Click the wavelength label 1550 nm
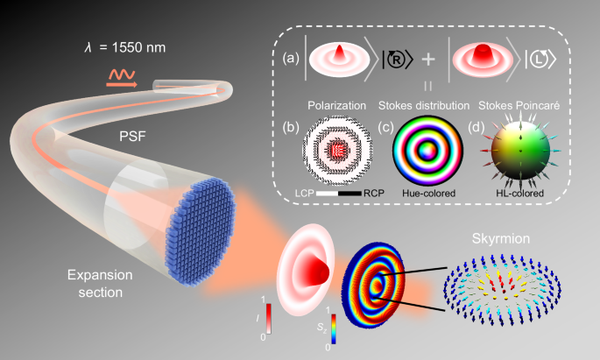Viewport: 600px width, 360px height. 124,47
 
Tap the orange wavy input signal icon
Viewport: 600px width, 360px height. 122,79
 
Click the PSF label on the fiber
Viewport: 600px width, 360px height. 132,136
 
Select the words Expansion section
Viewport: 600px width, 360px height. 100,284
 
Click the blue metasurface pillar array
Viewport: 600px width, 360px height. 201,232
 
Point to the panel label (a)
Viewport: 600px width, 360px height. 291,58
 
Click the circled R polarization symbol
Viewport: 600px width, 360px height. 397,60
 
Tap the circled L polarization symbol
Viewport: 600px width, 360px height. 540,60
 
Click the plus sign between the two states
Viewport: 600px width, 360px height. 428,60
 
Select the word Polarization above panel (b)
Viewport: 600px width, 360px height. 336,106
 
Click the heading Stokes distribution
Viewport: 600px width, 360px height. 424,106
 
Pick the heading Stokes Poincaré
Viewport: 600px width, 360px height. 519,106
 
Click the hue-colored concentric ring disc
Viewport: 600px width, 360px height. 427,151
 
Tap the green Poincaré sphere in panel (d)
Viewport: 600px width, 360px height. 520,151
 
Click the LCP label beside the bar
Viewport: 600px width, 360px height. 304,194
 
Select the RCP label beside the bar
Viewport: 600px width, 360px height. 374,194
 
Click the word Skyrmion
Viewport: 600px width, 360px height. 501,239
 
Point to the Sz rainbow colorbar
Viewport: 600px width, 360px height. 334,328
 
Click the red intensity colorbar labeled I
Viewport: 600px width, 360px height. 269,319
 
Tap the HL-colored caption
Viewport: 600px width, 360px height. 519,194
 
